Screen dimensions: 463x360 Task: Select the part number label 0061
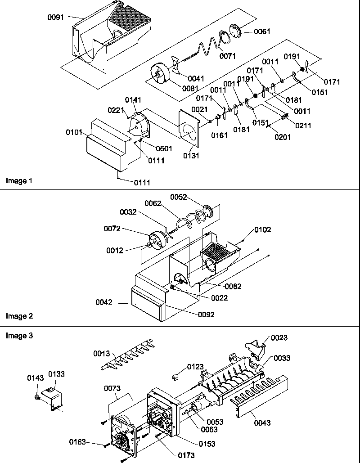262,31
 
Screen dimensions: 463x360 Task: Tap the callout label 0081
191,88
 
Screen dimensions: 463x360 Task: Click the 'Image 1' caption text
19,181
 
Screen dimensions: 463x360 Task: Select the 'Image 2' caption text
19,316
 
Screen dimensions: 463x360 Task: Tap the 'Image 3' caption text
19,336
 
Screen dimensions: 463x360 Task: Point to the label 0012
115,251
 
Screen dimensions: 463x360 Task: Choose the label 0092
206,314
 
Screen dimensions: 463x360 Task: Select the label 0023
279,338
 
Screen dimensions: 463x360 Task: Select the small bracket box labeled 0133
50,398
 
